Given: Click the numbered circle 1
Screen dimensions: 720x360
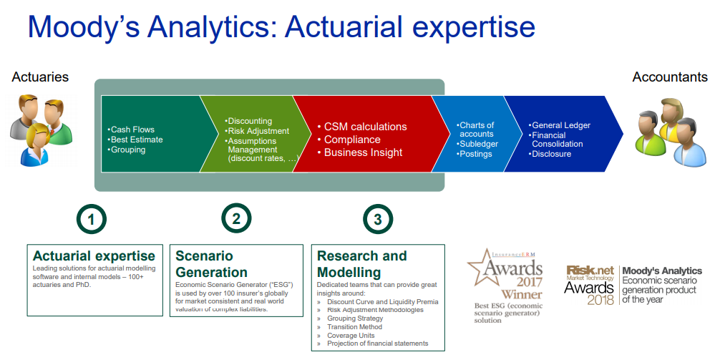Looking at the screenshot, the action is point(92,220).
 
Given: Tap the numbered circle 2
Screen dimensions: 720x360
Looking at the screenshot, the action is point(236,219).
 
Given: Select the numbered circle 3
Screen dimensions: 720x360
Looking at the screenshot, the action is point(378,220).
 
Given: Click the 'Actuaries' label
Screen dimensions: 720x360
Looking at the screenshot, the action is point(40,77).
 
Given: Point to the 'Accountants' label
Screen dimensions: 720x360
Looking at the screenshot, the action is point(670,77).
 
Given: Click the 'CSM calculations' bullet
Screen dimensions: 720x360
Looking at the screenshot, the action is point(362,126).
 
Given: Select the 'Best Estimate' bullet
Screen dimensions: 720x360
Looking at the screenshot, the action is point(135,139).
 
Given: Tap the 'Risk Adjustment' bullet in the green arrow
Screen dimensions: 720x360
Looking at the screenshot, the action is point(257,131).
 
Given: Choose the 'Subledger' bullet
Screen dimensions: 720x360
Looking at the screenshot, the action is point(477,144).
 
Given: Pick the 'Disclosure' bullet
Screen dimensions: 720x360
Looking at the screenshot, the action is point(550,154).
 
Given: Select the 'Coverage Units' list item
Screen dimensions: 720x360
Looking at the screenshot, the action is point(345,335).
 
